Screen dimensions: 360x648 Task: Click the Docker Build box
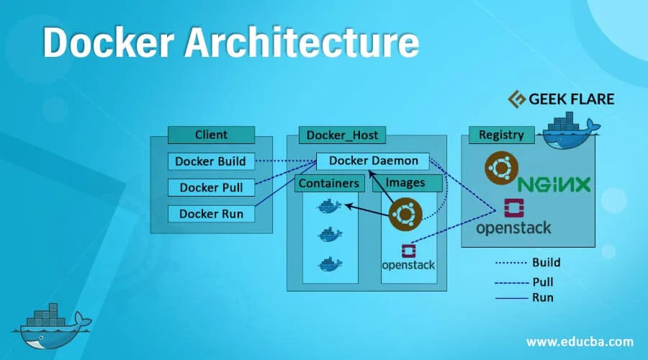[x=211, y=161]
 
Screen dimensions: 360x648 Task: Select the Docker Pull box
[x=211, y=188]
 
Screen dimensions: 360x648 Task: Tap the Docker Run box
[x=211, y=214]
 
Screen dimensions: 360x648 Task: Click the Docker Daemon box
[x=373, y=161]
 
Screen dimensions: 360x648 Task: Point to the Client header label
[x=211, y=135]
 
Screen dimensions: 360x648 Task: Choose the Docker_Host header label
[x=342, y=135]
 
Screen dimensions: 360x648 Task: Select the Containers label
[x=328, y=183]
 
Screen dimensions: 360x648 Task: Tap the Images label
[x=405, y=183]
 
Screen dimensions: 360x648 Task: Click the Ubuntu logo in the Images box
[x=405, y=214]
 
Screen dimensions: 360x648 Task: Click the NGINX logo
[x=554, y=184]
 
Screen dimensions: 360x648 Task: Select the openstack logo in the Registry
[x=513, y=218]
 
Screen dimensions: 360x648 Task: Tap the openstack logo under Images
[x=408, y=258]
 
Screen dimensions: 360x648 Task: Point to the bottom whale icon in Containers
[x=329, y=263]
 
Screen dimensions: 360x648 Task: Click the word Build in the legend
[x=546, y=262]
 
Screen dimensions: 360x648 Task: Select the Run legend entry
[x=542, y=297]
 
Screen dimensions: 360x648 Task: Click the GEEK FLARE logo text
[x=561, y=99]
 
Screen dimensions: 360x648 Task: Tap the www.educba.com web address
[x=580, y=341]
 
